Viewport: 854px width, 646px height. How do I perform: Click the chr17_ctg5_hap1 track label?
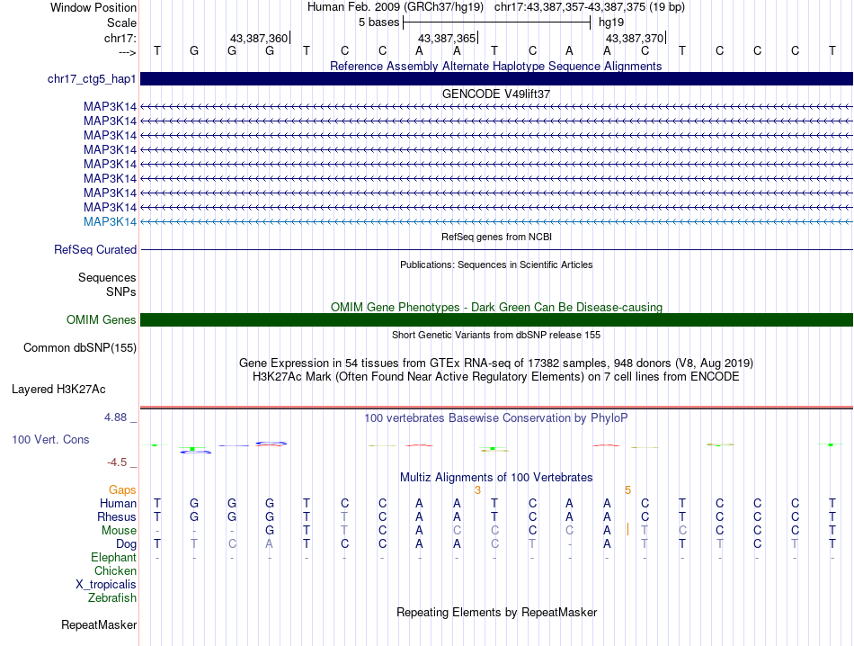pyautogui.click(x=92, y=79)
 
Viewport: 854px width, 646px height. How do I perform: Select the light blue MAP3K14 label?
pyautogui.click(x=110, y=221)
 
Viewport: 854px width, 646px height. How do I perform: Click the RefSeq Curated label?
pyautogui.click(x=95, y=249)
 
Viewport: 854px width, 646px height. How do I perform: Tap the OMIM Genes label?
pyautogui.click(x=102, y=319)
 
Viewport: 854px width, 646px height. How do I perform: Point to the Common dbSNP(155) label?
pyautogui.click(x=80, y=347)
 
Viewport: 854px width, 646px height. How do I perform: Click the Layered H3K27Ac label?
pyautogui.click(x=58, y=390)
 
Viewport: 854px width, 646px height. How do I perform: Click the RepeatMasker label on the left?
pyautogui.click(x=99, y=624)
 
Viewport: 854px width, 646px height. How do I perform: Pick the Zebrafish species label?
pyautogui.click(x=112, y=597)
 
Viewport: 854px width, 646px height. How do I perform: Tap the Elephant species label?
pyautogui.click(x=113, y=558)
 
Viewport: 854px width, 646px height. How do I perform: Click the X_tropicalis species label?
pyautogui.click(x=106, y=584)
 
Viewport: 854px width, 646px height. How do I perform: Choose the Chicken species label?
pyautogui.click(x=116, y=570)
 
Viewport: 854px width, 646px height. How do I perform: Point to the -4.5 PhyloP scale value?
pyautogui.click(x=118, y=462)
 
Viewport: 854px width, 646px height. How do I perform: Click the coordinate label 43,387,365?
pyautogui.click(x=447, y=38)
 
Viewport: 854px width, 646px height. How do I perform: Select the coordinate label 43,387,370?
pyautogui.click(x=635, y=38)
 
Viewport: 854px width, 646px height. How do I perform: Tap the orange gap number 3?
pyautogui.click(x=477, y=489)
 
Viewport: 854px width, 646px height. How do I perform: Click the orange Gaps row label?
pyautogui.click(x=122, y=489)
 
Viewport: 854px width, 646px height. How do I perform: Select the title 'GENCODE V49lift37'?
pyautogui.click(x=496, y=94)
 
